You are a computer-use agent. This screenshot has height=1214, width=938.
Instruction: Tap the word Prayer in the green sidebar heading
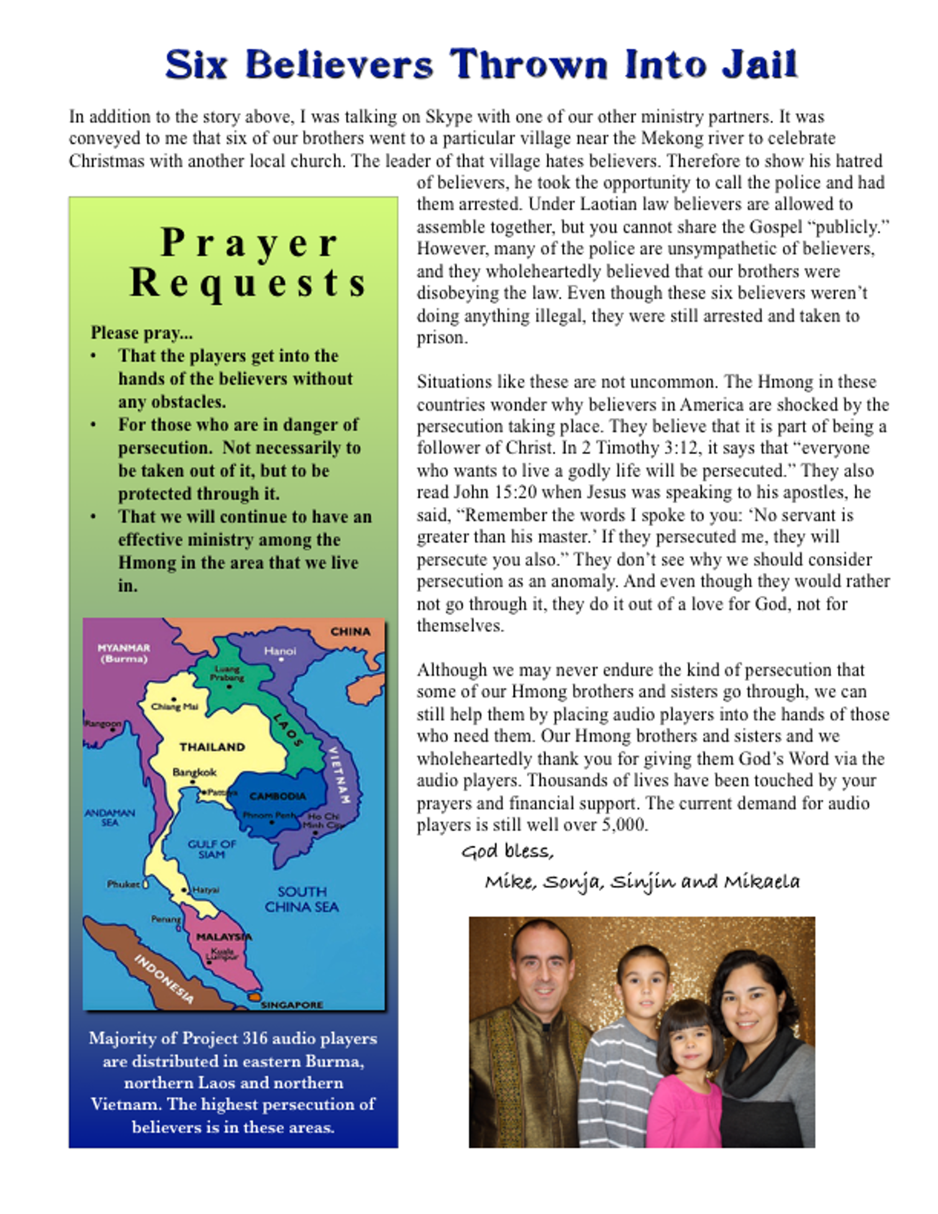coord(249,243)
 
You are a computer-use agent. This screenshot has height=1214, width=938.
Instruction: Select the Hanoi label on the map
coord(280,651)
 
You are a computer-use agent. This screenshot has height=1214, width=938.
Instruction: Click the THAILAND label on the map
coord(212,747)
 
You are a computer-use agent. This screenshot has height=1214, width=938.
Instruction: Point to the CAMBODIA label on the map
coord(278,796)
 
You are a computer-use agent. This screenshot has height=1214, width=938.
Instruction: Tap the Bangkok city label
coord(194,772)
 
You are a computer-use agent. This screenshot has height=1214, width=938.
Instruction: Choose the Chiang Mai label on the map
coord(175,706)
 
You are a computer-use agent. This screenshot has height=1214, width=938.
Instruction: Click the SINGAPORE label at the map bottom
coord(291,1005)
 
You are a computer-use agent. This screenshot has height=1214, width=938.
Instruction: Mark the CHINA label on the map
coord(350,631)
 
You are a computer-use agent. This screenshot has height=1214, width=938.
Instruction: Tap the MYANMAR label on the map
coord(124,648)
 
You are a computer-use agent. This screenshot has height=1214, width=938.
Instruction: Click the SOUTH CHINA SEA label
coord(302,899)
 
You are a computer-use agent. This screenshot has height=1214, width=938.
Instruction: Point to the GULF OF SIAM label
coord(212,849)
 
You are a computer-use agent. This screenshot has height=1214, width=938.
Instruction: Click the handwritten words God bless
coord(507,851)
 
